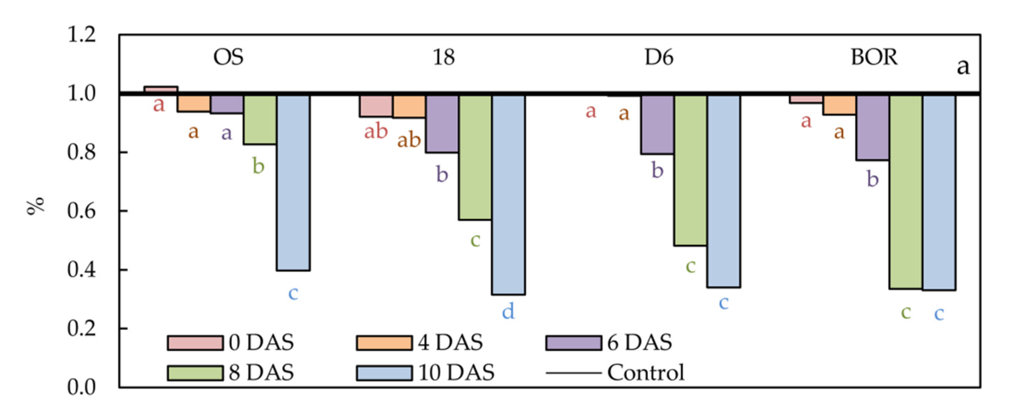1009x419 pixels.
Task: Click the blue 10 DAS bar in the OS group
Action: point(293,182)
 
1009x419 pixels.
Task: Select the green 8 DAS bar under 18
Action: point(475,157)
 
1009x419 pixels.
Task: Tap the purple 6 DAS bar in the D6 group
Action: point(657,124)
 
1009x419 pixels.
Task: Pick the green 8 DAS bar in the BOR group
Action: point(906,192)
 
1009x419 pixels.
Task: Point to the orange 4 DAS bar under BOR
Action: point(839,104)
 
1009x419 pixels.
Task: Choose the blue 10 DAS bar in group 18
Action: point(509,195)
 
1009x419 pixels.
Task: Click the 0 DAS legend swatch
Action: point(195,343)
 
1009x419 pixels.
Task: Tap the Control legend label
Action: point(646,373)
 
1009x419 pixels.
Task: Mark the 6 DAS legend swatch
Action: point(573,343)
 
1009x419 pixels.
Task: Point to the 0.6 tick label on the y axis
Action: point(81,211)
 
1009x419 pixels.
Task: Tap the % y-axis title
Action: point(35,206)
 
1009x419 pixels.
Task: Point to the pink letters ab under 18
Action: point(376,132)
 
